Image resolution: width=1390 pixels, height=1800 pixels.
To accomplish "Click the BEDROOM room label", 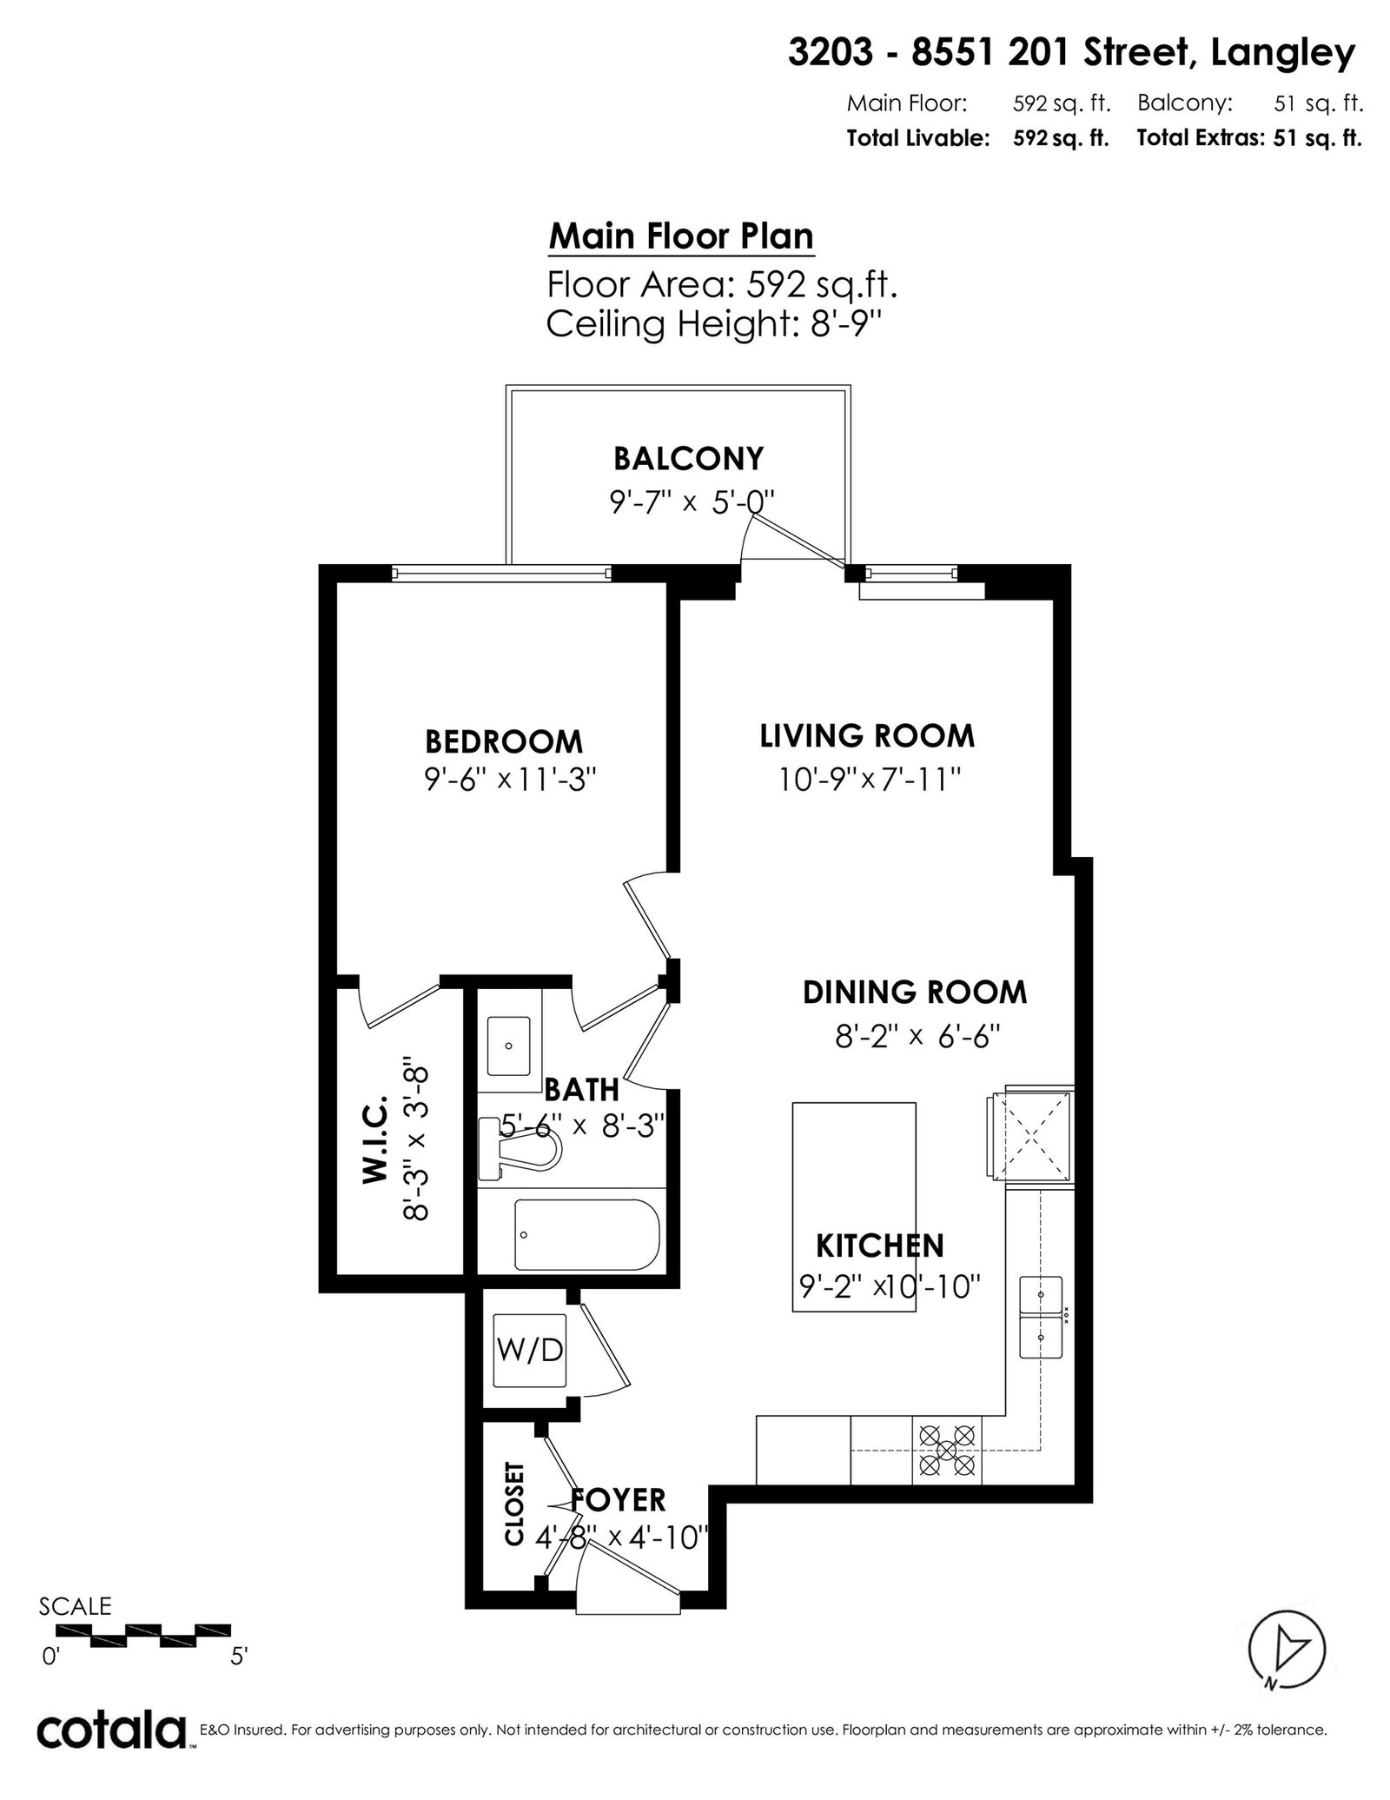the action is coord(503,741).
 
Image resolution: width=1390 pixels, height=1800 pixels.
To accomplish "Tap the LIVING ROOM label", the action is coord(867,735).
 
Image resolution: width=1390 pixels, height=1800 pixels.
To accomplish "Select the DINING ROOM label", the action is coord(914,992).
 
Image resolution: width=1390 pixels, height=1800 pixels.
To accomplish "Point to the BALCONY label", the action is coord(688,458).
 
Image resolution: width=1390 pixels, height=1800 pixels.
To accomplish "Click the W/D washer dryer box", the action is coord(530,1350).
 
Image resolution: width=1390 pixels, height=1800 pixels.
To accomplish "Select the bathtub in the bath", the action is coord(586,1234).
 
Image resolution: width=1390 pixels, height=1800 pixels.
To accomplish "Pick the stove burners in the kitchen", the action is coord(946,1450).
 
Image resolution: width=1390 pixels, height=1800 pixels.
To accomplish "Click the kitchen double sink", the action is coord(1041,1317).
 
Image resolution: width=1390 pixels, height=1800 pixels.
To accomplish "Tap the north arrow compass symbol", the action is coord(1287,1651).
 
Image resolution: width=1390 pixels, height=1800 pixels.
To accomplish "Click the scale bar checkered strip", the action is coord(143,1635).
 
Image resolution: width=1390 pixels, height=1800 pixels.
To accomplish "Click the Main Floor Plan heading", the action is coord(681,236).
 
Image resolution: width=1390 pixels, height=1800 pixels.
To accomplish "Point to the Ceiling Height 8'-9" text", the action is coord(714,324).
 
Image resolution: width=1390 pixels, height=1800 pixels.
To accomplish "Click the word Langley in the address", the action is coord(1282,55).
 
